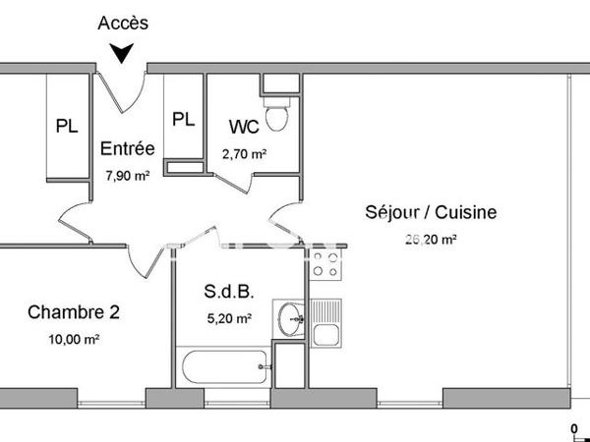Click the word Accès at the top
124,22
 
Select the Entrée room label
128,149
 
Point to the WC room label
244,127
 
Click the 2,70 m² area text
244,153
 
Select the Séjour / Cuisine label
431,211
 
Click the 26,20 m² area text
430,238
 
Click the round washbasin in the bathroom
290,318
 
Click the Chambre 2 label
74,313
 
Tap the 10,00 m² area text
76,340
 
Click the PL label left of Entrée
67,126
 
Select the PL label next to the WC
183,119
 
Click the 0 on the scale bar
575,428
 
